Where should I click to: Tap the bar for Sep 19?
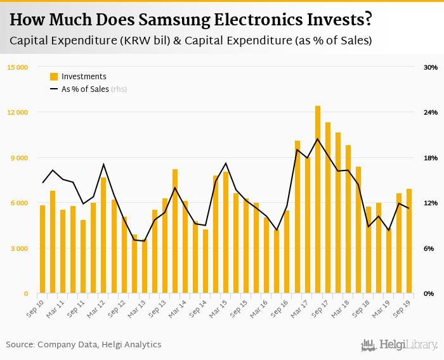pos(409,241)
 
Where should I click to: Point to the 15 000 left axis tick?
pos(18,67)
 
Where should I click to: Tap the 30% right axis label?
pos(431,67)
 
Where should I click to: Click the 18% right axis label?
pos(431,158)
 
